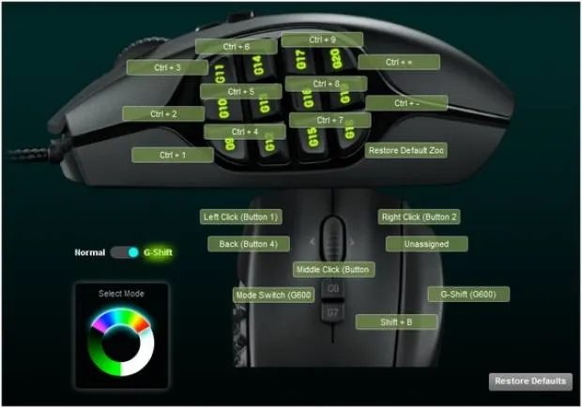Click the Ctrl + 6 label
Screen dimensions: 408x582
(237, 46)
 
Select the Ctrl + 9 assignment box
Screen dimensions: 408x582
(321, 40)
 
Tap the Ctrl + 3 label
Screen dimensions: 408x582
(167, 68)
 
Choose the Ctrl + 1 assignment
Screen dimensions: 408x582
(173, 155)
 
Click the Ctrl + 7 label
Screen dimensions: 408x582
(329, 120)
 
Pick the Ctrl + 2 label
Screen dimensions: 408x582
(163, 113)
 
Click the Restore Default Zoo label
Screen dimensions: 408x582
(406, 150)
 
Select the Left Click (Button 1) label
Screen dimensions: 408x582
(241, 217)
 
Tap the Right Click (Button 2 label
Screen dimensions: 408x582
(419, 217)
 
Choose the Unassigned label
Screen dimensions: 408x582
(426, 244)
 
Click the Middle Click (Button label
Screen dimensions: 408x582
(333, 269)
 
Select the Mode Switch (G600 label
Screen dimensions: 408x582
(272, 295)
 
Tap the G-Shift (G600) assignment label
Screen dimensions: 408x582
(468, 294)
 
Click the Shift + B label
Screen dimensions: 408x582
(396, 322)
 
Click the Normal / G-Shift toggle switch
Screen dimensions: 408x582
(124, 252)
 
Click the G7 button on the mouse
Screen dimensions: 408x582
(333, 310)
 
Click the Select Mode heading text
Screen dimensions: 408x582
(122, 294)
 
